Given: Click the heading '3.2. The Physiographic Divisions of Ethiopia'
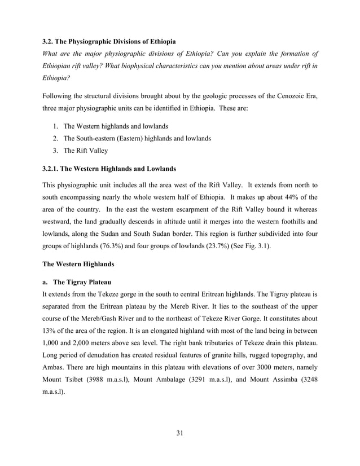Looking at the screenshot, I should (109, 42).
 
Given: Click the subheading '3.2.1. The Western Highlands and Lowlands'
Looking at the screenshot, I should (110, 169).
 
